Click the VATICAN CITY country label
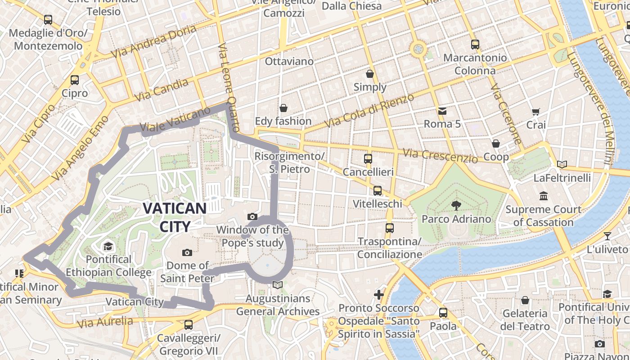click(175, 217)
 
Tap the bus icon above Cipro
click(75, 80)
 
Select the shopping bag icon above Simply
click(370, 74)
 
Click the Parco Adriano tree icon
click(456, 206)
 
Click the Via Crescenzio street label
click(440, 156)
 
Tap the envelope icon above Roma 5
click(442, 111)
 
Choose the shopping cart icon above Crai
click(535, 112)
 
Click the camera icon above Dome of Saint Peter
click(187, 252)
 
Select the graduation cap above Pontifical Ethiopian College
click(108, 246)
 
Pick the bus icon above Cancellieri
click(368, 158)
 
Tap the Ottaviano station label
click(289, 61)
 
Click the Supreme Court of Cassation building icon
click(544, 196)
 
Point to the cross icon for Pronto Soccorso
click(379, 295)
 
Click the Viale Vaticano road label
click(175, 119)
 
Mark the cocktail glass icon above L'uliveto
click(607, 236)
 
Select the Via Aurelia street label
click(105, 322)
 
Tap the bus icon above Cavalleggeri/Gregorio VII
click(189, 324)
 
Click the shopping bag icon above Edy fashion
click(283, 108)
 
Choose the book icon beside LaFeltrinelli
click(562, 164)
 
